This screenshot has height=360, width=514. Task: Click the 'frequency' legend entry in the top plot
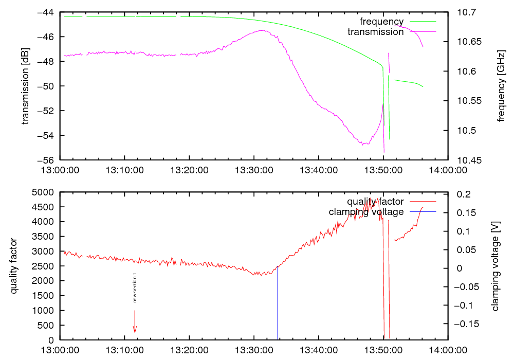[381, 22]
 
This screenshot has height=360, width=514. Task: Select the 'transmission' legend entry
[376, 32]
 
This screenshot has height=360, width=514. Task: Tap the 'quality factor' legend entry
[375, 202]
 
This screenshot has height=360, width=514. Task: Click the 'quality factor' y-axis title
[14, 266]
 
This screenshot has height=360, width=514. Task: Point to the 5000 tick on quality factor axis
[46, 192]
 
